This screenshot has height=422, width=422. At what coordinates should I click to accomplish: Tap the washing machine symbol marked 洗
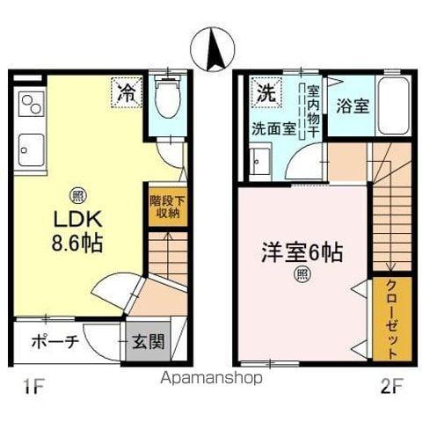pos(265,89)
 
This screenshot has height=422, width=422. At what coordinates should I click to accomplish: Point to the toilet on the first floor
pos(165,101)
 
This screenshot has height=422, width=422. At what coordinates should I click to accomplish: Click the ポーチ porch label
pos(55,341)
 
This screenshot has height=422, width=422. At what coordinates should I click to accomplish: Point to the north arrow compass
pos(212,49)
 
